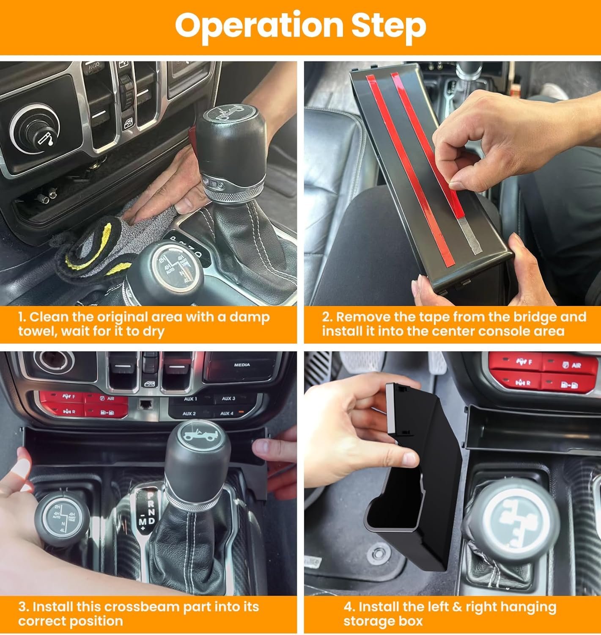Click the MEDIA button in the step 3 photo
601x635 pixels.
click(x=242, y=364)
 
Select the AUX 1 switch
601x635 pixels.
click(x=191, y=399)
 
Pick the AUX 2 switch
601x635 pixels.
click(x=190, y=414)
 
